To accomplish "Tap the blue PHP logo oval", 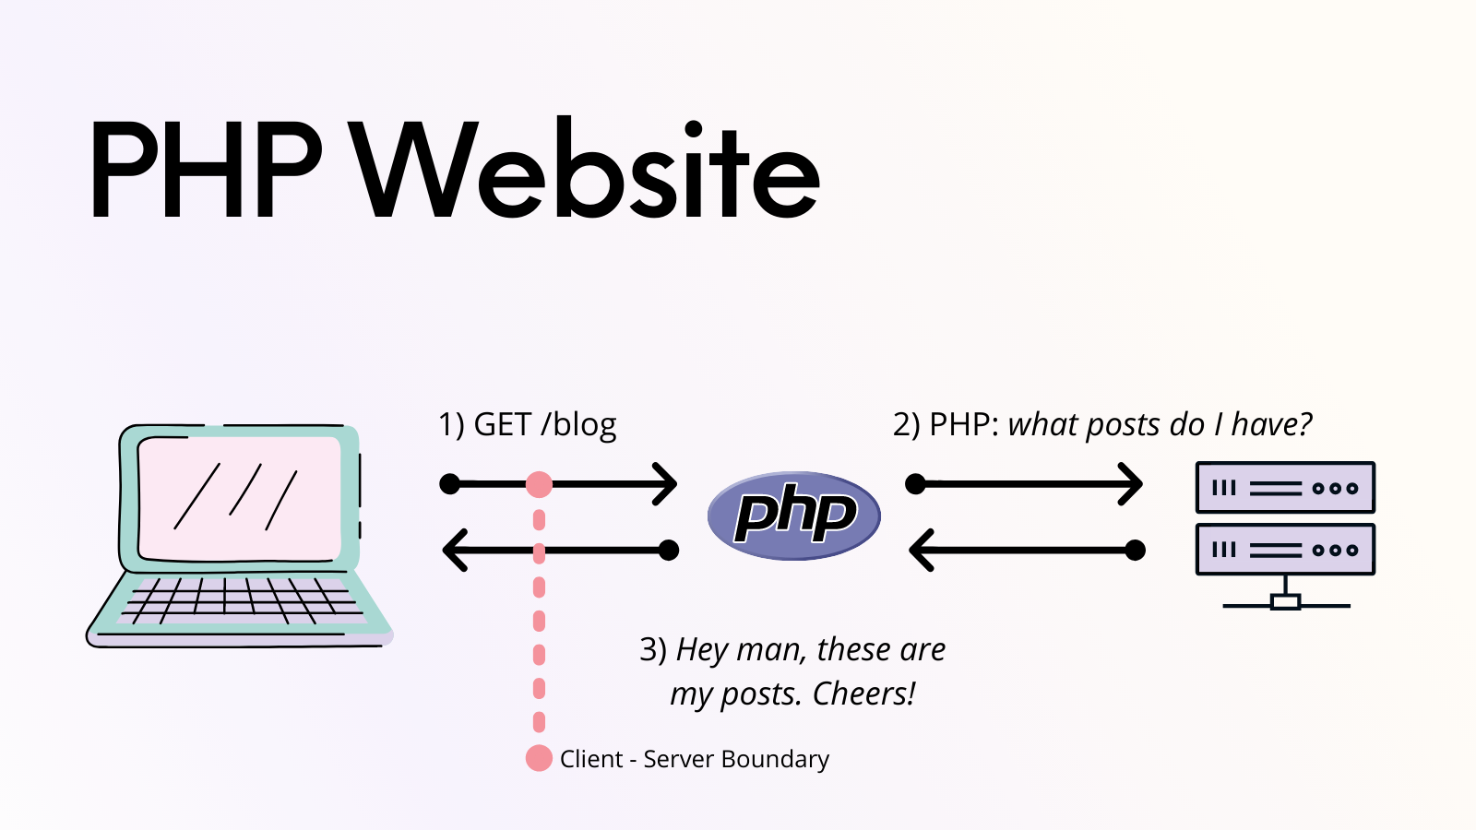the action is point(794,516).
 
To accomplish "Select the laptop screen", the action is point(239,498).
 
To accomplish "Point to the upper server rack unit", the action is point(1285,487).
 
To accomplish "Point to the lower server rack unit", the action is point(1285,550).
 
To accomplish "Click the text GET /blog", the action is point(544,424).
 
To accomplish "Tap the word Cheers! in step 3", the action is point(863,694).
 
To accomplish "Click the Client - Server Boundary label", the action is point(694,759).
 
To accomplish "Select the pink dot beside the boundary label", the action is point(539,758).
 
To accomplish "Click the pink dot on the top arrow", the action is point(539,484).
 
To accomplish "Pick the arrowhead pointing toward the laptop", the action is point(454,551).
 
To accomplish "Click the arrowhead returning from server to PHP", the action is point(921,551).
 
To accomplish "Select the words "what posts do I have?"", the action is point(1160,424).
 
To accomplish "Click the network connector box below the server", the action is point(1285,602).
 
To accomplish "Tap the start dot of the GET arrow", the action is point(450,484).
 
